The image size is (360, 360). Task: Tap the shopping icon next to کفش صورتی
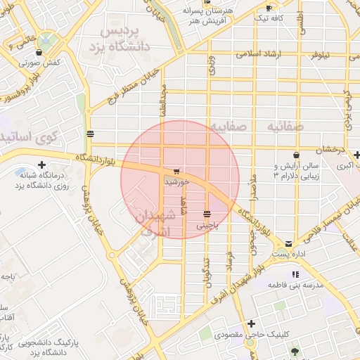tap(39, 52)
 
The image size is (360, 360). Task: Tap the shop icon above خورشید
tap(176, 171)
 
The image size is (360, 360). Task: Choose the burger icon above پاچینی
tap(207, 214)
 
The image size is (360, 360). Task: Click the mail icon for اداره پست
tap(288, 243)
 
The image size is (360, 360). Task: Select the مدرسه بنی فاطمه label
tap(294, 285)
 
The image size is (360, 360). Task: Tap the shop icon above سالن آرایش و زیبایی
tap(297, 154)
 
